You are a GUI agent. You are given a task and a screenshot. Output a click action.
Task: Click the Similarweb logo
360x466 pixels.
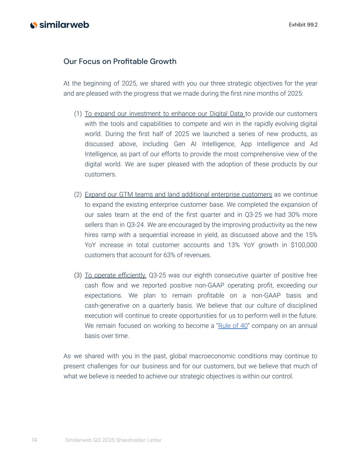(x=60, y=25)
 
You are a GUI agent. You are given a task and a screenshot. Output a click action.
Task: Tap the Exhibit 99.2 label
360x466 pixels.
(x=303, y=25)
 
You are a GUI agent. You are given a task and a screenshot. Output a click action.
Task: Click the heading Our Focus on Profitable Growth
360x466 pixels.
(x=120, y=61)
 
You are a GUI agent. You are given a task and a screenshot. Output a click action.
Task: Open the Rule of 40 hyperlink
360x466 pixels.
(x=233, y=326)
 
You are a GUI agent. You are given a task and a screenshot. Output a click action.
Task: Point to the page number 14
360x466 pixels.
(x=34, y=440)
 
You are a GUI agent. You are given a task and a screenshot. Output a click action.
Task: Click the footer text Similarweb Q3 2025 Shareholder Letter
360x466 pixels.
(x=113, y=440)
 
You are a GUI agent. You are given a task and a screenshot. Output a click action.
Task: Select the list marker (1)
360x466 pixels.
(x=78, y=114)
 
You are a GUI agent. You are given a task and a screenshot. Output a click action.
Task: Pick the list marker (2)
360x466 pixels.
(x=78, y=195)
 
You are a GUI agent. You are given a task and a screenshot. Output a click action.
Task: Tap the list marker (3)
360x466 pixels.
(x=78, y=275)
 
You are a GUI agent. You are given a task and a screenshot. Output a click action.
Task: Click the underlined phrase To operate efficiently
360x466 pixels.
(x=115, y=275)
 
